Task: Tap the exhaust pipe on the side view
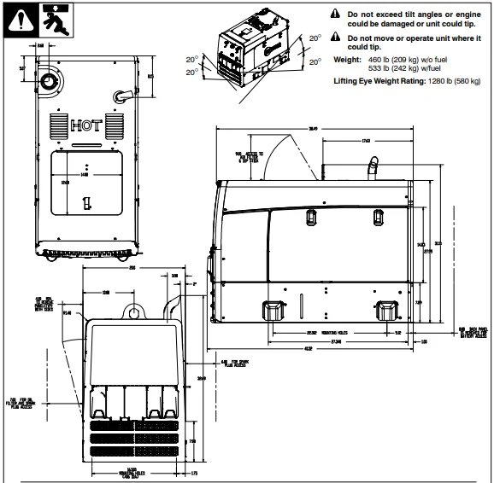point(373,167)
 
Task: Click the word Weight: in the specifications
point(345,59)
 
